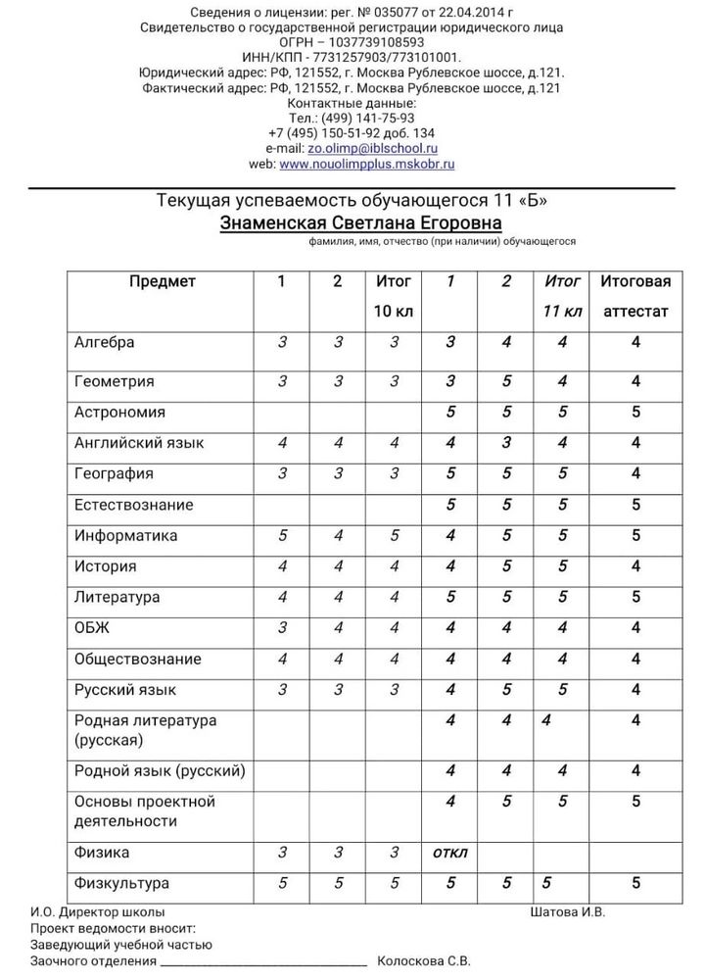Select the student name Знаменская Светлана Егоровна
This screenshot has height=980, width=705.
click(360, 222)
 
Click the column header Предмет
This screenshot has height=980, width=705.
click(163, 281)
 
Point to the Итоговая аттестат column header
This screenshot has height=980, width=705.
click(635, 296)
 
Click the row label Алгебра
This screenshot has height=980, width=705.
click(105, 342)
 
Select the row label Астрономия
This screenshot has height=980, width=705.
click(119, 413)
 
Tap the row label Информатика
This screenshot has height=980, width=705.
click(126, 536)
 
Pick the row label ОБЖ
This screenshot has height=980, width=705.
click(91, 628)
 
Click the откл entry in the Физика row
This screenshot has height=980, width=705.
click(449, 853)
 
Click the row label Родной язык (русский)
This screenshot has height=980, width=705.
click(160, 770)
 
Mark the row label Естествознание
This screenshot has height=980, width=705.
click(134, 505)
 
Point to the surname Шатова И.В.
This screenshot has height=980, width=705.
click(567, 911)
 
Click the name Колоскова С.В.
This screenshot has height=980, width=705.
click(423, 961)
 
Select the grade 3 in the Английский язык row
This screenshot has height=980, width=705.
click(506, 443)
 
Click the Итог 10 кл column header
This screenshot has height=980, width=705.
click(394, 296)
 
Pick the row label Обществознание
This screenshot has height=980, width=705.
click(138, 659)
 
